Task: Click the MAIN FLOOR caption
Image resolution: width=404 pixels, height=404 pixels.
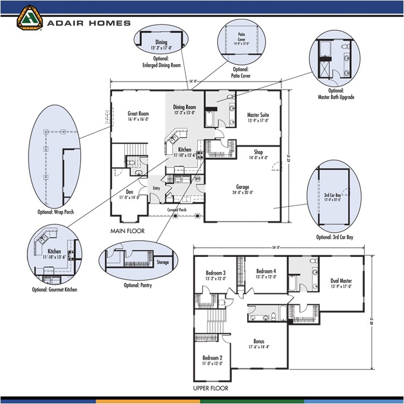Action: pyautogui.click(x=127, y=231)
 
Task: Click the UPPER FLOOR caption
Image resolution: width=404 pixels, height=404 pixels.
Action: pyautogui.click(x=210, y=388)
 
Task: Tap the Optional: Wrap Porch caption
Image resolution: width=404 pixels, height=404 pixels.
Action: pyautogui.click(x=56, y=212)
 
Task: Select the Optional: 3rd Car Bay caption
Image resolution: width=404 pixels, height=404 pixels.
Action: pyautogui.click(x=335, y=236)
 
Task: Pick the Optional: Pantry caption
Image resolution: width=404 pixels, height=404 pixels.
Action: pyautogui.click(x=137, y=285)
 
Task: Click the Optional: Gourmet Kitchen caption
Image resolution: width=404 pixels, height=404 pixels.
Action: pyautogui.click(x=54, y=289)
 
